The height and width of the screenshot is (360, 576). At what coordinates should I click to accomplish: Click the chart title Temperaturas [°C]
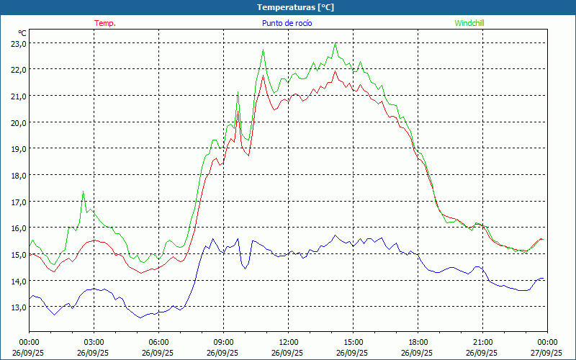tap(295, 7)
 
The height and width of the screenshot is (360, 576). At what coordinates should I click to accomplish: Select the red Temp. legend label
tap(105, 23)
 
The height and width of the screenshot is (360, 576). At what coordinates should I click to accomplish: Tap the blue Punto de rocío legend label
tap(287, 23)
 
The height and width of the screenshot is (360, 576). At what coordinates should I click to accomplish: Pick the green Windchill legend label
tap(469, 23)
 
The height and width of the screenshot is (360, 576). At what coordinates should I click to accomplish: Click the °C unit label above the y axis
tap(22, 33)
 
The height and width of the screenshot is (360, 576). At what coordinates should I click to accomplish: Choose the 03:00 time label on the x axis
tap(94, 342)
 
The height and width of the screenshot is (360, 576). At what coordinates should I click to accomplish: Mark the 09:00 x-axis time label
tap(223, 342)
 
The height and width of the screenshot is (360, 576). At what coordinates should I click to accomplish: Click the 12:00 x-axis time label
tap(288, 342)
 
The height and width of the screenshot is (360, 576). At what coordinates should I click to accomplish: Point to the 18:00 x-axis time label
tap(418, 342)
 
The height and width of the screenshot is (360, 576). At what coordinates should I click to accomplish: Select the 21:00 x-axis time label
tap(482, 342)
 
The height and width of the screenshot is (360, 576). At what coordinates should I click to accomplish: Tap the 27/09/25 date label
tap(547, 353)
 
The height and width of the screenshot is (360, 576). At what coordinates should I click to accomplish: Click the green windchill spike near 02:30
tap(84, 192)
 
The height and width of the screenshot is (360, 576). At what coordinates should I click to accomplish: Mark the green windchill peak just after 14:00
tap(336, 44)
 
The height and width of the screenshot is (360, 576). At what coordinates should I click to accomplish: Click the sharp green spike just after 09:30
tap(238, 92)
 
